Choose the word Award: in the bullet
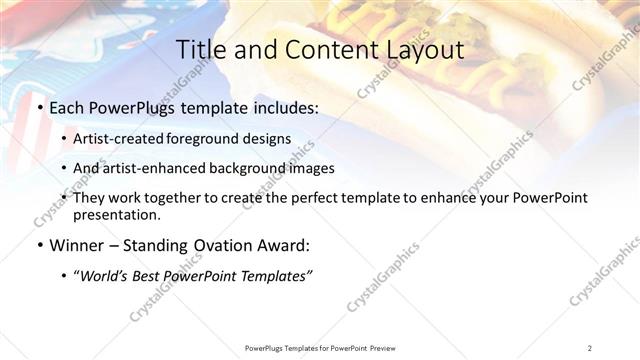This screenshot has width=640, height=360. tap(287, 245)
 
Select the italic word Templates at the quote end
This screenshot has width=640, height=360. tap(273, 276)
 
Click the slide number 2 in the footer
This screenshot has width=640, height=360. tap(590, 347)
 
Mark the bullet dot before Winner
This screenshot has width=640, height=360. tap(39, 246)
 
